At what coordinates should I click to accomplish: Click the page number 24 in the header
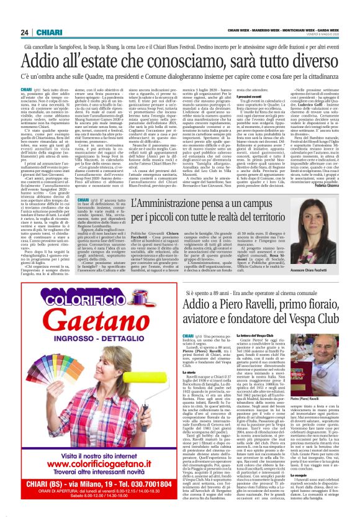point(25,32)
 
